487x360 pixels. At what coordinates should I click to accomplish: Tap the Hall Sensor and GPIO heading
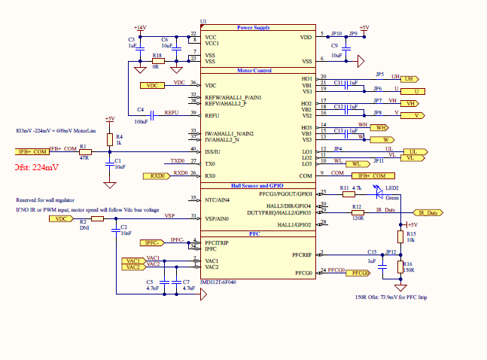(x=257, y=185)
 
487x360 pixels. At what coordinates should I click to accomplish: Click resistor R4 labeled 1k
(x=110, y=140)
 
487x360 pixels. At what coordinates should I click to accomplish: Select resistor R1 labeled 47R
(x=84, y=151)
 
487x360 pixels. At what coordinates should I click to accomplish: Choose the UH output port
(x=409, y=78)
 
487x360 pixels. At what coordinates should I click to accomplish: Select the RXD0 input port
(x=157, y=175)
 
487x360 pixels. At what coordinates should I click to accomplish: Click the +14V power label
(x=140, y=27)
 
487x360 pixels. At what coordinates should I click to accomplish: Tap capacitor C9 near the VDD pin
(x=336, y=48)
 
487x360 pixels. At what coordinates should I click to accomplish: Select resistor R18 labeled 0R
(x=156, y=62)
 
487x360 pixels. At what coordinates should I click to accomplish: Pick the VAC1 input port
(x=134, y=260)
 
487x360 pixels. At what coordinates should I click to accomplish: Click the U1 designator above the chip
(x=203, y=21)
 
